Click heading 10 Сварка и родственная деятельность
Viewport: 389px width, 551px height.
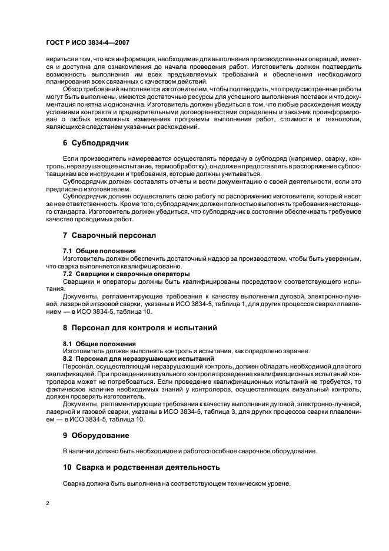pos(141,467)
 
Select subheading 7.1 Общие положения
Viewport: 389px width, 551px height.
pos(91,251)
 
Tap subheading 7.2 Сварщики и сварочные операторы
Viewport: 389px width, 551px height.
pos(126,274)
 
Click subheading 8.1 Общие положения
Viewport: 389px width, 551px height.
pos(91,343)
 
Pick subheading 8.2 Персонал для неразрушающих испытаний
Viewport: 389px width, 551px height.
pos(138,358)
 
